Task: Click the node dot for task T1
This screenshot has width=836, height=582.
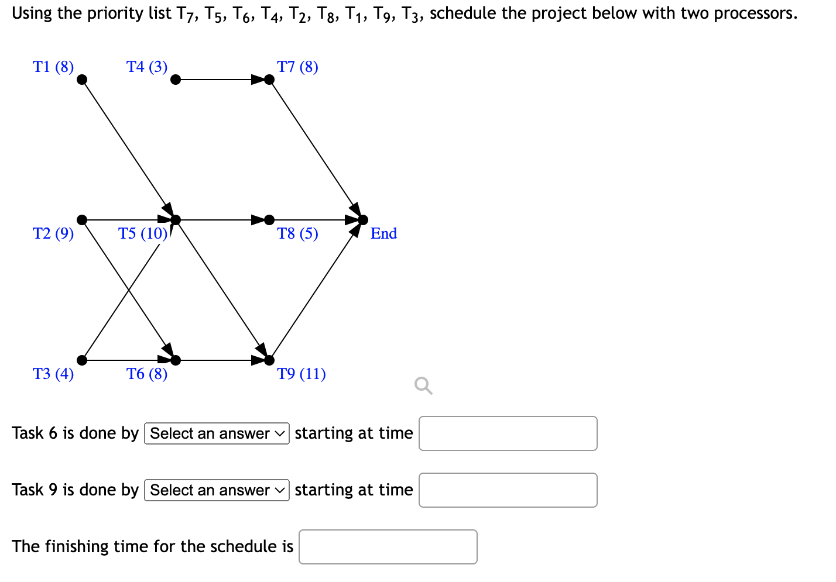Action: pos(83,80)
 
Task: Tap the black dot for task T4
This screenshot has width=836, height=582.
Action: pos(176,80)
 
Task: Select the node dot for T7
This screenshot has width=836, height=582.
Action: pos(269,80)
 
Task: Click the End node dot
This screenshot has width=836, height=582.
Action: pos(363,220)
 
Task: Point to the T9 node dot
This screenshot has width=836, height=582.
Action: pos(269,360)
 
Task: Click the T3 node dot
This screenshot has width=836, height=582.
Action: pos(83,360)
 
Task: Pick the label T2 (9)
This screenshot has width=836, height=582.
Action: pos(53,233)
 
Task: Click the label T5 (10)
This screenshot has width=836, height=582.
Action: pos(143,233)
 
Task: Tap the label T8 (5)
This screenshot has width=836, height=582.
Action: pos(297,233)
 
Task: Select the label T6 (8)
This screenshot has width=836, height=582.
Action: pos(147,374)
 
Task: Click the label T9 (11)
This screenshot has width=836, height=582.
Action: pos(301,374)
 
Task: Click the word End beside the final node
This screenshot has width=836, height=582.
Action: pos(383,233)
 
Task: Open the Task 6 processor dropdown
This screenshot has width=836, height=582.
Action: pos(217,433)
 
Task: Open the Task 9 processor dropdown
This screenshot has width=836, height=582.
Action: pos(217,490)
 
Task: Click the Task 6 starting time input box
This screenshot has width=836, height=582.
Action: pos(508,433)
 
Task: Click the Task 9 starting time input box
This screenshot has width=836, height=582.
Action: pos(508,490)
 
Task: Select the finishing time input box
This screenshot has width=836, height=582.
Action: pos(388,547)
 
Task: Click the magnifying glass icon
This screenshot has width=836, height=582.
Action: pos(423,386)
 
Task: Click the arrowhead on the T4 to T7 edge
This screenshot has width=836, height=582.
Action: pos(258,80)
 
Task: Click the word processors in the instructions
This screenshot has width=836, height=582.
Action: pos(759,13)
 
